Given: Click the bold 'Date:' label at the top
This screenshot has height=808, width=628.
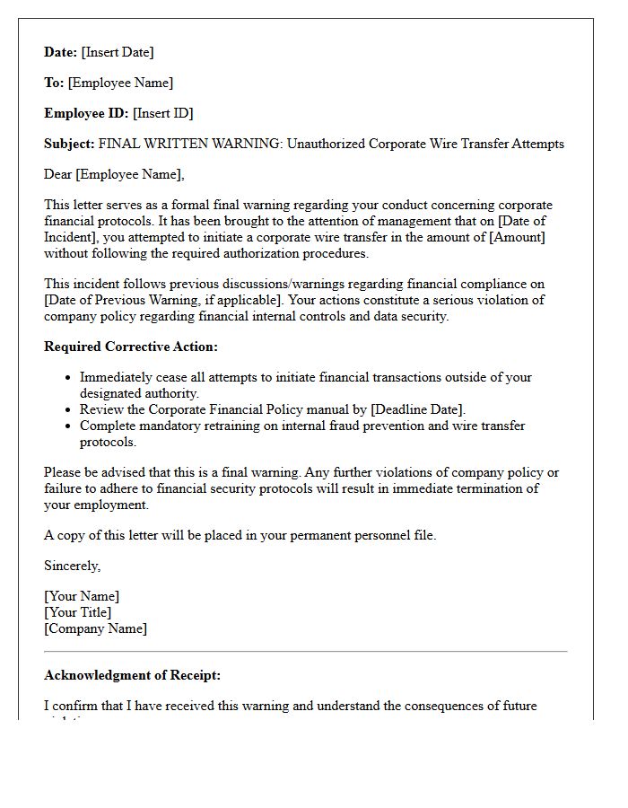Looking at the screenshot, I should click(x=61, y=52).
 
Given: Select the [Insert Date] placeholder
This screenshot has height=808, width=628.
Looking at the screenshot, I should click(x=118, y=52).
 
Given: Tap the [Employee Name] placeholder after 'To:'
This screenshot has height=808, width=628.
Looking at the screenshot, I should click(x=120, y=83).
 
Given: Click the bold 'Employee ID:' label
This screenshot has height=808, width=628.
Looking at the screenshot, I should click(x=87, y=113).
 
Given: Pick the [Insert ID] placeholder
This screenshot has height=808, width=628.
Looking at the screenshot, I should click(x=163, y=113).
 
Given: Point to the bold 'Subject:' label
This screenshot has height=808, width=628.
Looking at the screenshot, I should click(x=69, y=144).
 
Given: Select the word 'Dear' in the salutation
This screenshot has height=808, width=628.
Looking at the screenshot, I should click(x=58, y=174).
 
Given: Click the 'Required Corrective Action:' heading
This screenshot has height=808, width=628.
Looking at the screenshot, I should click(x=131, y=347).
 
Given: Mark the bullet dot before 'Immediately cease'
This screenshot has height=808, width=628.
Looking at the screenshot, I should click(x=68, y=378).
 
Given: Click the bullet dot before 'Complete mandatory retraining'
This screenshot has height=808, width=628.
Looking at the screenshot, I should click(x=68, y=426).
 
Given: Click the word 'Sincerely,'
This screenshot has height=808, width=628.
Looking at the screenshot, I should click(x=73, y=566).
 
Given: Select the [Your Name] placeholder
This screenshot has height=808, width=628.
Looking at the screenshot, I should click(x=82, y=596).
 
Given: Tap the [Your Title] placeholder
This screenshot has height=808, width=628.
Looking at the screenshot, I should click(x=78, y=612).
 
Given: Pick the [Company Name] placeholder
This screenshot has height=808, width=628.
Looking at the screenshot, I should click(x=95, y=628).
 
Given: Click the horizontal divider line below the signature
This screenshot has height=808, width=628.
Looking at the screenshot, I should click(x=305, y=651).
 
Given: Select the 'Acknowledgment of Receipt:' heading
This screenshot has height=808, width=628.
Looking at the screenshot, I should click(x=132, y=675).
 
